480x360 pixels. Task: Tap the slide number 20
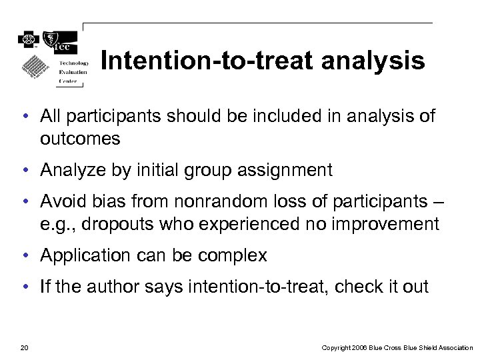tap(25, 347)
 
